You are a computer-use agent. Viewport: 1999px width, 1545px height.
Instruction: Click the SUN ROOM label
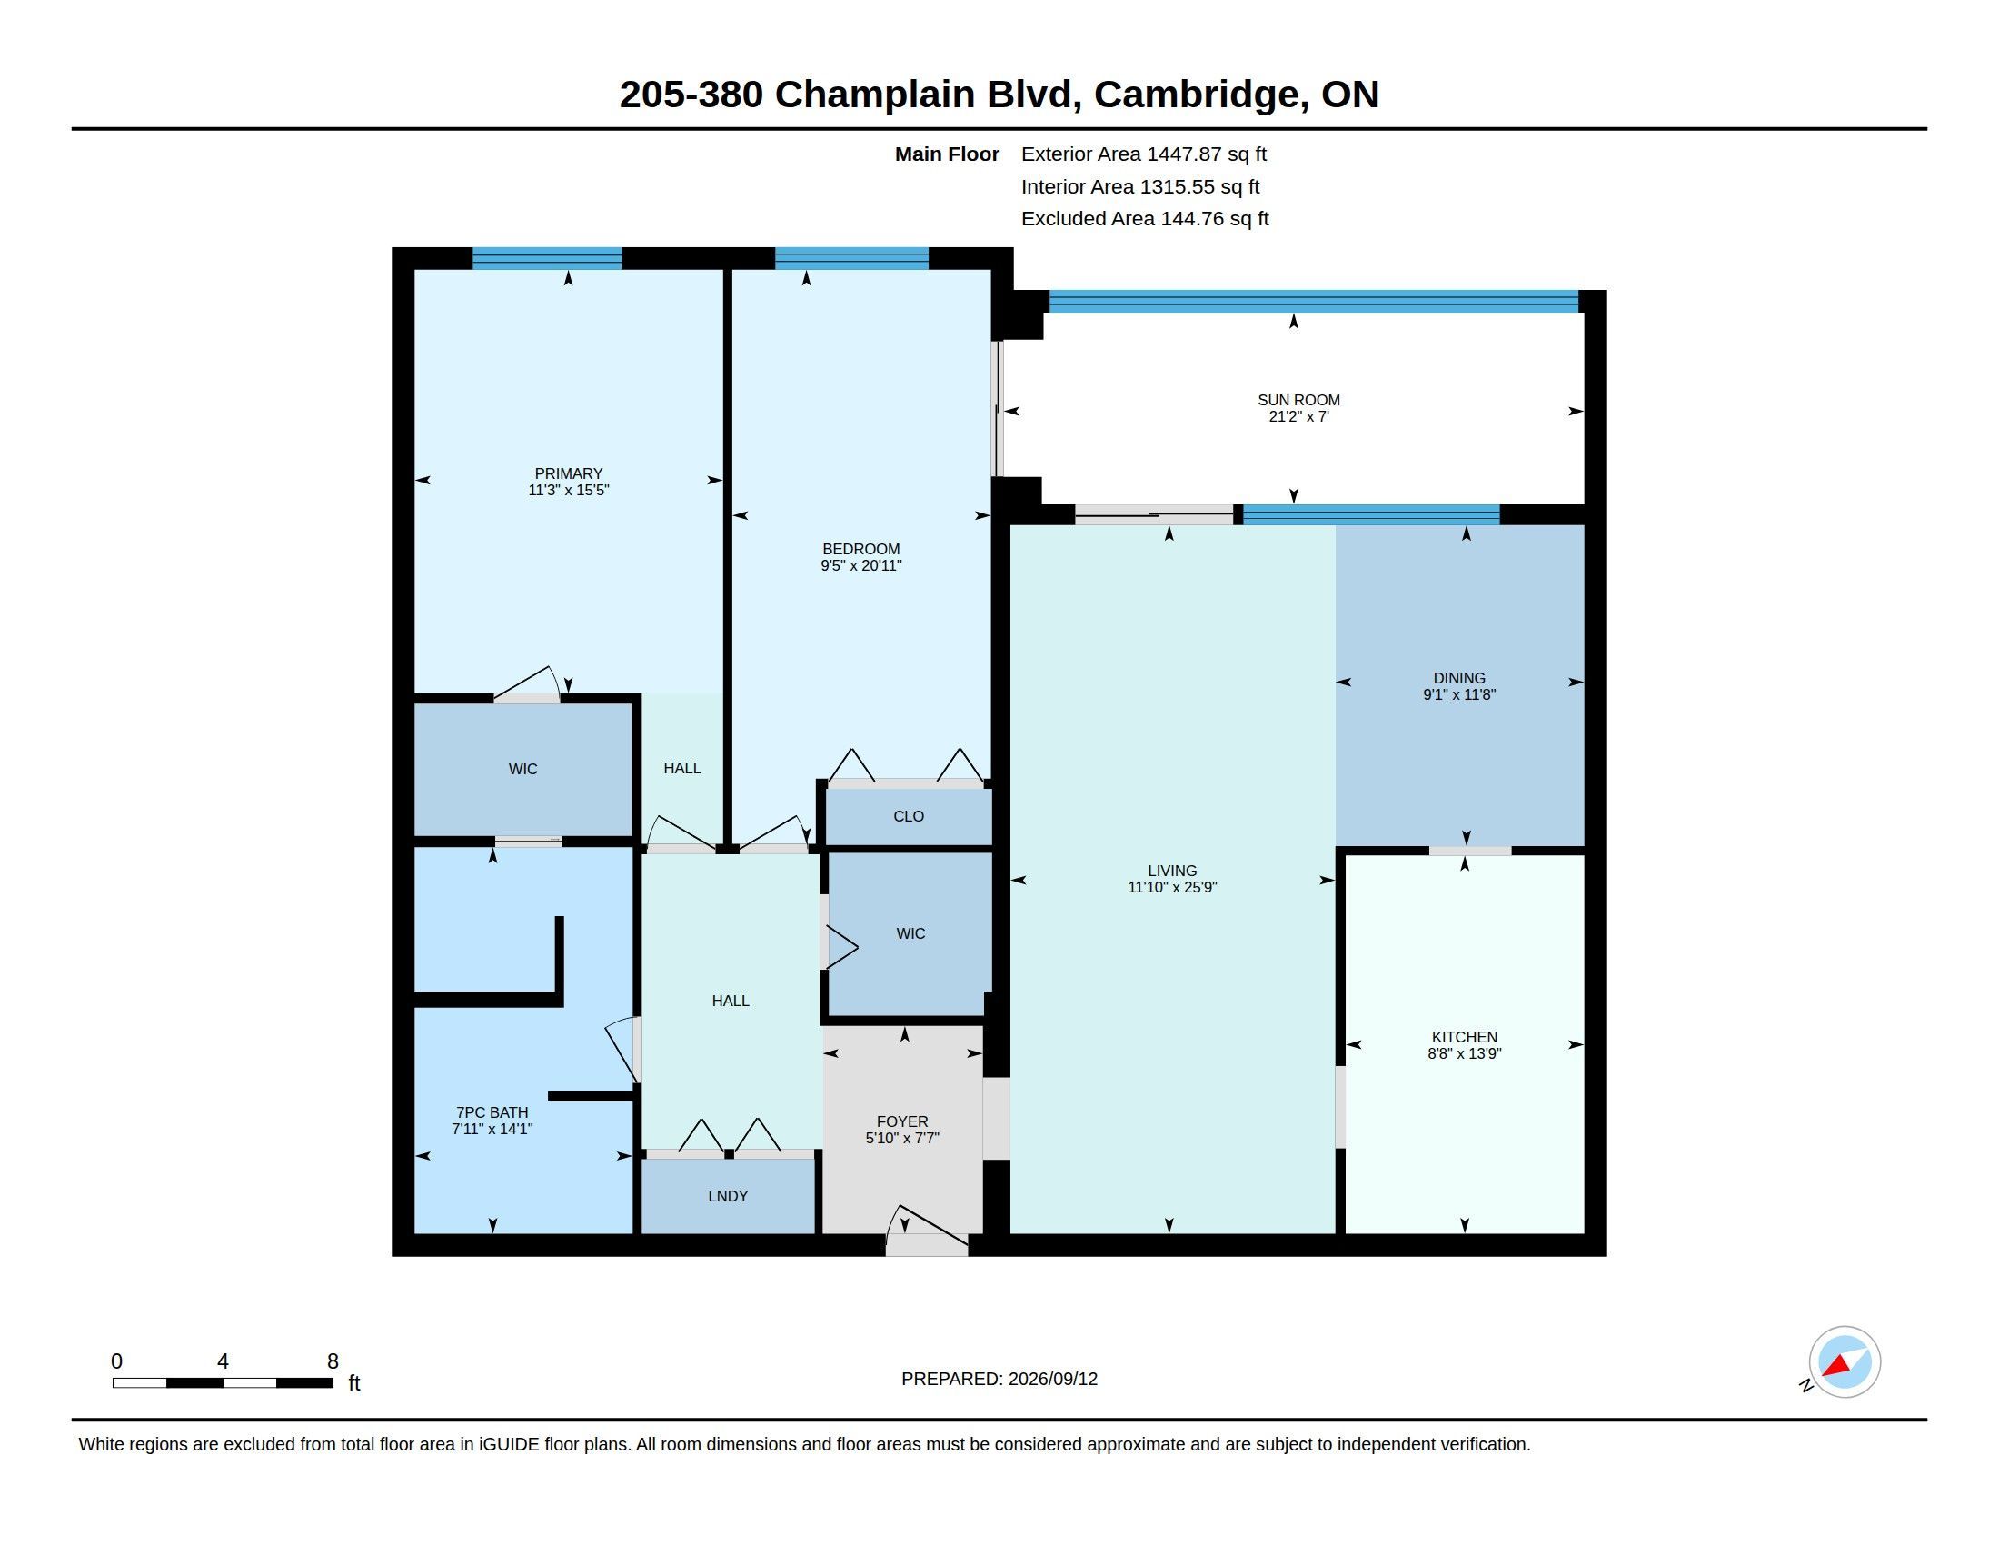(1298, 400)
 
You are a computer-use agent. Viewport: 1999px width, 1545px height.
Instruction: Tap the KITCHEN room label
(1465, 1037)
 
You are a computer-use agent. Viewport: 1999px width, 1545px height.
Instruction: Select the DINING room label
(1459, 678)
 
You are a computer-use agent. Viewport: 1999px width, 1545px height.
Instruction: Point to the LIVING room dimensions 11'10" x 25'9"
(1172, 887)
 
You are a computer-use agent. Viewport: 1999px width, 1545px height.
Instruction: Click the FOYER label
(902, 1121)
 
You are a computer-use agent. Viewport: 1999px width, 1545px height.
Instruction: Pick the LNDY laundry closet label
(728, 1196)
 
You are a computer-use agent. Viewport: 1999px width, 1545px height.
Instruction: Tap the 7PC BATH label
(492, 1113)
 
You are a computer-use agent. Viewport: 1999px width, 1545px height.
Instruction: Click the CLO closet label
(909, 816)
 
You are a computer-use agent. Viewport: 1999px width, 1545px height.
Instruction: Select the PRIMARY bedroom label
(569, 473)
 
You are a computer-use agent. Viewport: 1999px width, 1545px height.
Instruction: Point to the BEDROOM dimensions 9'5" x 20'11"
(861, 565)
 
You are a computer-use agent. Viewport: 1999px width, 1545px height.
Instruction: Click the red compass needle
(1836, 1367)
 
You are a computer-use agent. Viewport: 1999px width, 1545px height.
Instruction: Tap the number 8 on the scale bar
(333, 1361)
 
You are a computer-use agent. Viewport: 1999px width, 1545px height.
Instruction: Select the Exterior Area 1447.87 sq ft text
(1144, 154)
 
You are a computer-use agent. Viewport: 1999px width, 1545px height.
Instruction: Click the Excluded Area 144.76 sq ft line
(1145, 219)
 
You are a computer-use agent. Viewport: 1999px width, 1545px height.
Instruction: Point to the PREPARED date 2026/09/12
(1052, 1380)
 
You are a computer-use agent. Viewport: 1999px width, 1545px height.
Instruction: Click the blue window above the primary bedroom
(547, 259)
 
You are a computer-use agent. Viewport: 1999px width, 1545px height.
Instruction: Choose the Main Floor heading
(947, 154)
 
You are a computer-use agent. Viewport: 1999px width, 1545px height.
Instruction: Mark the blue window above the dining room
(1371, 515)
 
